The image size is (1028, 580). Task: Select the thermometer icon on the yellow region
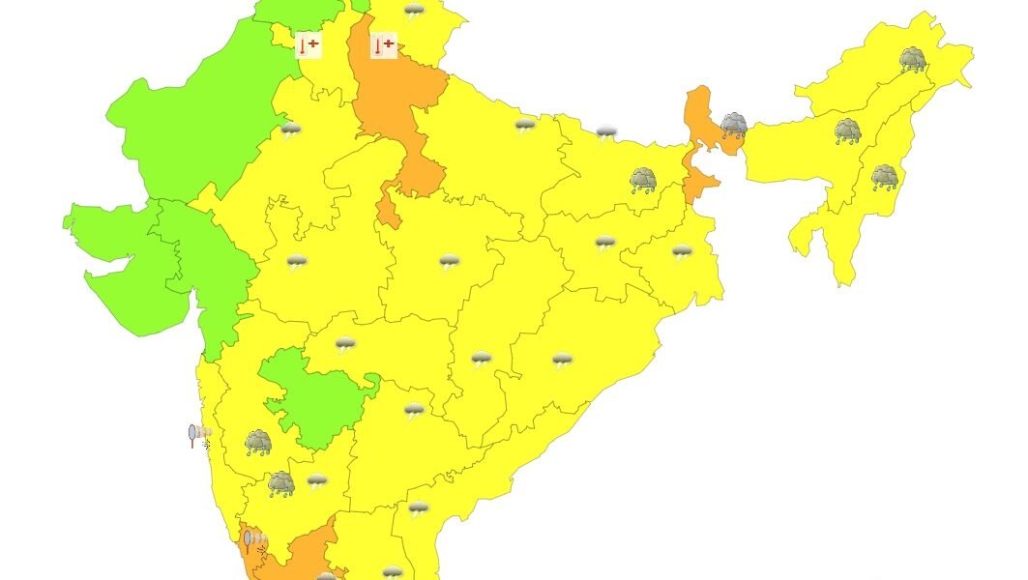(x=308, y=44)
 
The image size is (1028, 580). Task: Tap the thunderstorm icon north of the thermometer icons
(x=415, y=12)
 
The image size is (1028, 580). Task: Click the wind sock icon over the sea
(x=199, y=435)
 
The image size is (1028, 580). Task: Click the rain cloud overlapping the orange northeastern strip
(x=733, y=125)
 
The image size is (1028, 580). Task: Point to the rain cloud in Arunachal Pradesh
(x=912, y=61)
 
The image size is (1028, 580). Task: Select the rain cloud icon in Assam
(x=848, y=131)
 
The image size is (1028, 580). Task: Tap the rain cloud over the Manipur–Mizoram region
(x=884, y=178)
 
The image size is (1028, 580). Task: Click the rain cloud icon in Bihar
(x=643, y=180)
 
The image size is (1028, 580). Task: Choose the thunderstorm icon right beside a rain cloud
(x=317, y=480)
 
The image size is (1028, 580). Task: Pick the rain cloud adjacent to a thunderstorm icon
(x=280, y=483)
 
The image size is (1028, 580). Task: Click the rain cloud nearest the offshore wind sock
(x=257, y=443)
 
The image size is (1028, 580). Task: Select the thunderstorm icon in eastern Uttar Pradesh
(x=525, y=126)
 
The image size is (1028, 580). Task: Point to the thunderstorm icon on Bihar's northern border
(x=606, y=131)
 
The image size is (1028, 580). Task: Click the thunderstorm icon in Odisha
(x=562, y=361)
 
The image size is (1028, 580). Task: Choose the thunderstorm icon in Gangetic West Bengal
(x=682, y=252)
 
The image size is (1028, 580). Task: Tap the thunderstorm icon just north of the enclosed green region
(x=345, y=343)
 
